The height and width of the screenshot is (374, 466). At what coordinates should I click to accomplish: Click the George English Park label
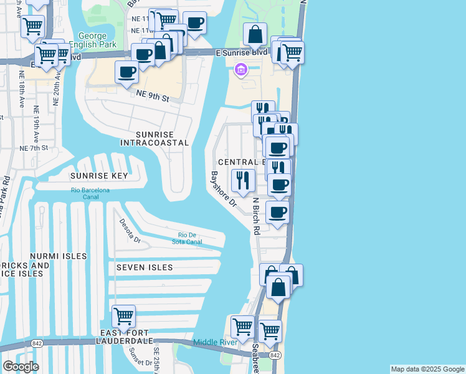coord(93,41)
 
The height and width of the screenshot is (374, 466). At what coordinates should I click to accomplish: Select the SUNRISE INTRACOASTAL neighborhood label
coord(154,138)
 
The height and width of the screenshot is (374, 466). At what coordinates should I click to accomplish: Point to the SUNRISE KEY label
coord(98,176)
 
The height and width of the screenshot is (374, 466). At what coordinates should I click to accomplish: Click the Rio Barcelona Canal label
coord(90,193)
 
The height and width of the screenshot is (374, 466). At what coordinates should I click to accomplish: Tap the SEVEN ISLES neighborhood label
coord(145,267)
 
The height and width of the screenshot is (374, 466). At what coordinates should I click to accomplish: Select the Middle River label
coord(216,342)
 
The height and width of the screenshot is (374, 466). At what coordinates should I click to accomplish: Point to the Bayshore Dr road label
coord(223,189)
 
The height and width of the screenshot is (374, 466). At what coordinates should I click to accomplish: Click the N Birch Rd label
coord(255,216)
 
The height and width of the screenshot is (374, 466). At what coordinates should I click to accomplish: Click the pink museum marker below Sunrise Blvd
coord(240,72)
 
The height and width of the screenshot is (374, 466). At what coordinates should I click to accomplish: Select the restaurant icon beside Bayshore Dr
coord(242,181)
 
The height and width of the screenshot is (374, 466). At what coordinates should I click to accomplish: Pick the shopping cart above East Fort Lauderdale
coord(123,315)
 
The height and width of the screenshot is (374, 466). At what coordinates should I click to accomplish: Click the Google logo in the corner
coord(21,367)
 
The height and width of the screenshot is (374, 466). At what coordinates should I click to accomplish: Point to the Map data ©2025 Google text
coord(427,369)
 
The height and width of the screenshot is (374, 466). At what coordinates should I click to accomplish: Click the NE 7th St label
coord(34,148)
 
